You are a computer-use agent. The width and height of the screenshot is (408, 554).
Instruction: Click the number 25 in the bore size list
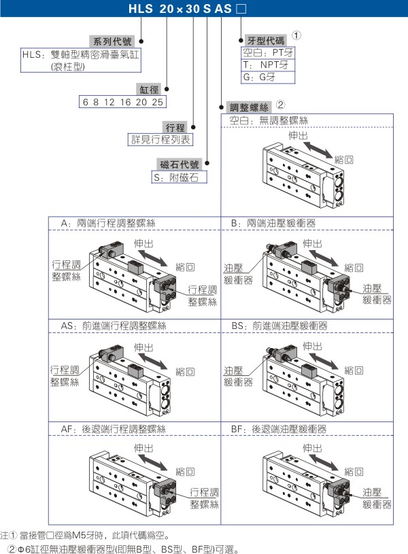[157, 102]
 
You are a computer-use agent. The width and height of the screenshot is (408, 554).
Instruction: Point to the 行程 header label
[175, 127]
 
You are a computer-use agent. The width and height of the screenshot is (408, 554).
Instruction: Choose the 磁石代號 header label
[180, 165]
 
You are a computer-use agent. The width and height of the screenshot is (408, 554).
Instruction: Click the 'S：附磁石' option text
[177, 177]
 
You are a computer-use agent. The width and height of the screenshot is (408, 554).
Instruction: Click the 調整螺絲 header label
[250, 107]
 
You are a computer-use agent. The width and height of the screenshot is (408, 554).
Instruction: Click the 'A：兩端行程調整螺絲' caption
[109, 223]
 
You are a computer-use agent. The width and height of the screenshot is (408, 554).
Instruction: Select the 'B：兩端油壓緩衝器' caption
[273, 223]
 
